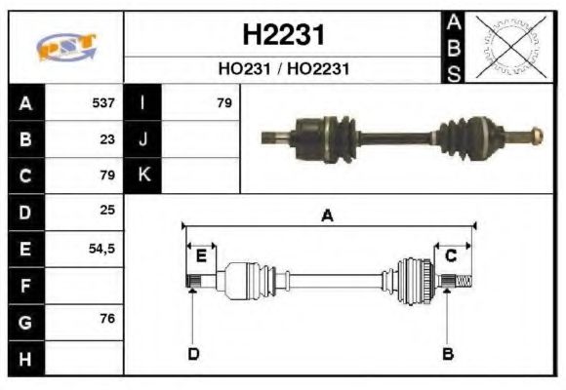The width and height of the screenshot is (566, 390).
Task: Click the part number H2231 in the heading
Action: pyautogui.click(x=282, y=36)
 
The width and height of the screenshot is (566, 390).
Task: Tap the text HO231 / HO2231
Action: pyautogui.click(x=282, y=69)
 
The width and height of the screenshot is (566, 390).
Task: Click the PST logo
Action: pyautogui.click(x=65, y=47)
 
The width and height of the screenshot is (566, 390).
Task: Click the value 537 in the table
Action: pyautogui.click(x=103, y=102)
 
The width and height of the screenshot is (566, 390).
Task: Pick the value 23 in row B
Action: pyautogui.click(x=108, y=138)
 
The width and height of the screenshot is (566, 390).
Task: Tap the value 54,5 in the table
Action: pyautogui.click(x=101, y=249)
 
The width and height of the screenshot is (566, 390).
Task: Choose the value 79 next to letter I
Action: pyautogui.click(x=223, y=102)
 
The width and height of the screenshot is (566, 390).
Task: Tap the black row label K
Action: pyautogui.click(x=143, y=175)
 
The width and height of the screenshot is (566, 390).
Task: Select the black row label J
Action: pyautogui.click(x=143, y=138)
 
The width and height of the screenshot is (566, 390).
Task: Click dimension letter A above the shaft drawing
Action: pyautogui.click(x=327, y=216)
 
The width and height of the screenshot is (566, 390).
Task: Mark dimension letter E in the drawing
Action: pyautogui.click(x=201, y=256)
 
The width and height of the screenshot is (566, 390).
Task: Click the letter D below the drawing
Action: pyautogui.click(x=193, y=353)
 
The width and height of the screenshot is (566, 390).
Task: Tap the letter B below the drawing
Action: pyautogui.click(x=448, y=353)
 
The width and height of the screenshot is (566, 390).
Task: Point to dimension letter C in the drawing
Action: pyautogui.click(x=451, y=256)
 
